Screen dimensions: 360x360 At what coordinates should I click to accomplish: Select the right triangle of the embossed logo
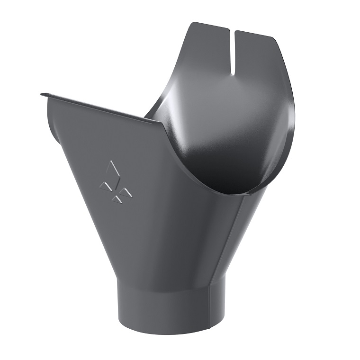(x=126, y=192)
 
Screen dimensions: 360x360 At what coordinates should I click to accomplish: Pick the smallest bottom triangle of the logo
(x=116, y=199)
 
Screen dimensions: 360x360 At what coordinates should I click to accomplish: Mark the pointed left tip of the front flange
(x=42, y=94)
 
